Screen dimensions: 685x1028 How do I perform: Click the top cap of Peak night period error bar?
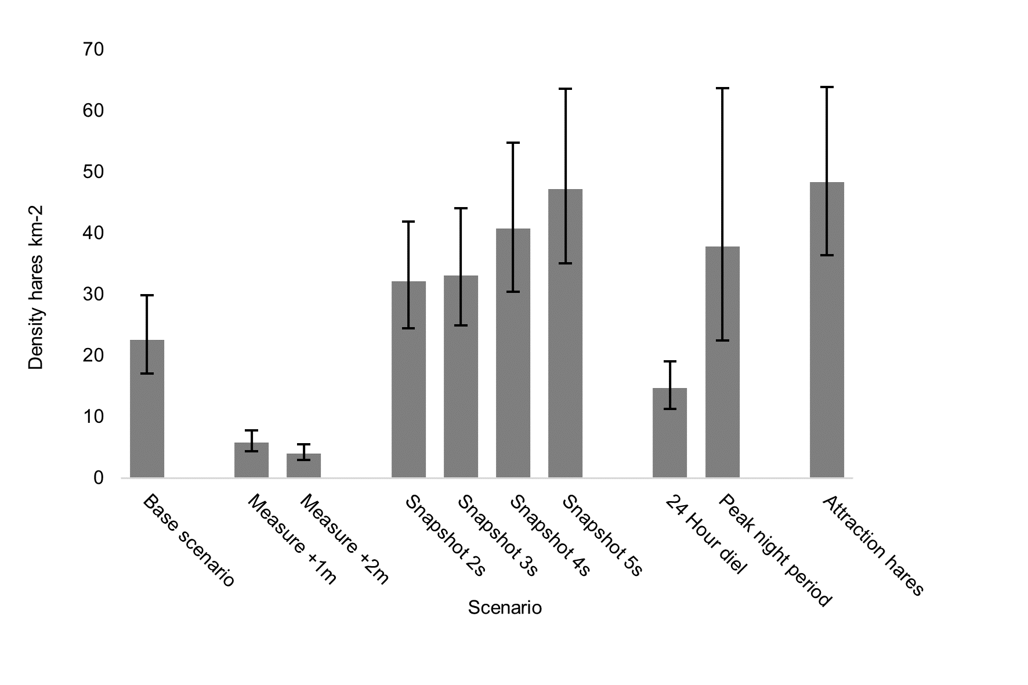722,88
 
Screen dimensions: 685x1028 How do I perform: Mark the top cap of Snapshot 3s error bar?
461,208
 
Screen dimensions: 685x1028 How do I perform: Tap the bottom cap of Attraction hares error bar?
827,255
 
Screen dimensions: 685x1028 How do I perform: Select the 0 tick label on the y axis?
97,479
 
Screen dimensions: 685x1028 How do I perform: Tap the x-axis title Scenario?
505,608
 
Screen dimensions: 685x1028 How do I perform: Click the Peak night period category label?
775,550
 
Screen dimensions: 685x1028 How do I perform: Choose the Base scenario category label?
189,540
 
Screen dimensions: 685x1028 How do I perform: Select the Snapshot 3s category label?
498,535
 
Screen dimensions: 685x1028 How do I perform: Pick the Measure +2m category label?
343,539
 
